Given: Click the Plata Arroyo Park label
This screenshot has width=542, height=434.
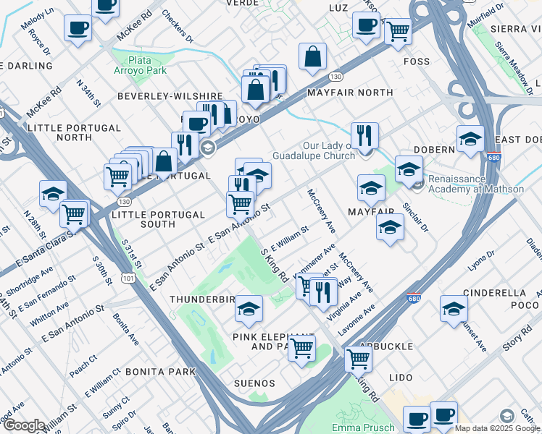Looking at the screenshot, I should (x=147, y=65).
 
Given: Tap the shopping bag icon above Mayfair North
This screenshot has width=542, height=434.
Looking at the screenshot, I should (x=312, y=57).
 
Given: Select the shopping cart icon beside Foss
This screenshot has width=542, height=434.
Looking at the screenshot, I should (x=398, y=32).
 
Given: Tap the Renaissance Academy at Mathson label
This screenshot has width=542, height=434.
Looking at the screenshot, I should (x=475, y=184).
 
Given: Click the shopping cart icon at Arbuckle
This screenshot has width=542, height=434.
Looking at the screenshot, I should (x=358, y=358).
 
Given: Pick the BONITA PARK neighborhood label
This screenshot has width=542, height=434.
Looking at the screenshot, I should (x=161, y=372).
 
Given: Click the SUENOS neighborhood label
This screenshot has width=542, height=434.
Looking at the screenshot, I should (x=254, y=383).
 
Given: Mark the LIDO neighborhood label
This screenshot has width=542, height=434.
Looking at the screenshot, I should (x=401, y=378).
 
